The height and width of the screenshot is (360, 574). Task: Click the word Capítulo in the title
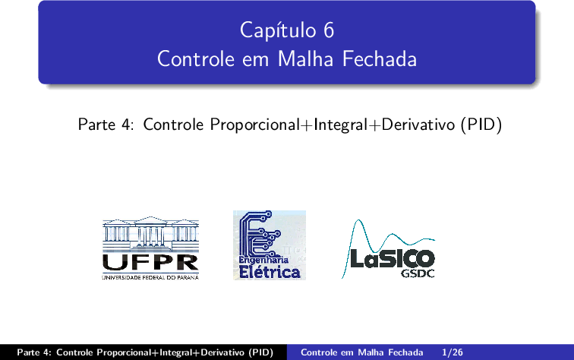[x=278, y=30]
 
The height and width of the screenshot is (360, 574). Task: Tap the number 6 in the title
[x=329, y=30]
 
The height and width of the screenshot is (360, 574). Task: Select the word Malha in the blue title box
[x=306, y=59]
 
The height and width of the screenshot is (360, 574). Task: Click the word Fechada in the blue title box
[x=380, y=59]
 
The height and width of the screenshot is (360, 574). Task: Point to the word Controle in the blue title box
[x=196, y=59]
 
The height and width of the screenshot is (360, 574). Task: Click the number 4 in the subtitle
[x=127, y=125]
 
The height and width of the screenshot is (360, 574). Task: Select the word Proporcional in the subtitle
[x=255, y=125]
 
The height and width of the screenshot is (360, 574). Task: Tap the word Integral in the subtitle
[x=340, y=125]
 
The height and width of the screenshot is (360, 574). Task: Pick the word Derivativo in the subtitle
[x=418, y=125]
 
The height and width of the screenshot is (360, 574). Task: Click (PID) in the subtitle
[x=481, y=125]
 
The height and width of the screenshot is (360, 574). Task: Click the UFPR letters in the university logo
[x=150, y=262]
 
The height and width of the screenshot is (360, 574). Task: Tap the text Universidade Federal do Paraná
[x=150, y=278]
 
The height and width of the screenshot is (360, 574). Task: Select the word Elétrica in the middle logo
[x=270, y=272]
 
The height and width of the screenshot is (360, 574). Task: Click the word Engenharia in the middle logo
[x=263, y=260]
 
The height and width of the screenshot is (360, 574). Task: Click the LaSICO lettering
[x=393, y=258]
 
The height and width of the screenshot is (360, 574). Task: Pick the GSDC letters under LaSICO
[x=418, y=273]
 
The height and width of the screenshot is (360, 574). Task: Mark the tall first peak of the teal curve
[x=358, y=220]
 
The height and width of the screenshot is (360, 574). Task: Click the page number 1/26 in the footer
[x=452, y=352]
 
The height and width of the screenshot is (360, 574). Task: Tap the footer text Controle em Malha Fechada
[x=361, y=352]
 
